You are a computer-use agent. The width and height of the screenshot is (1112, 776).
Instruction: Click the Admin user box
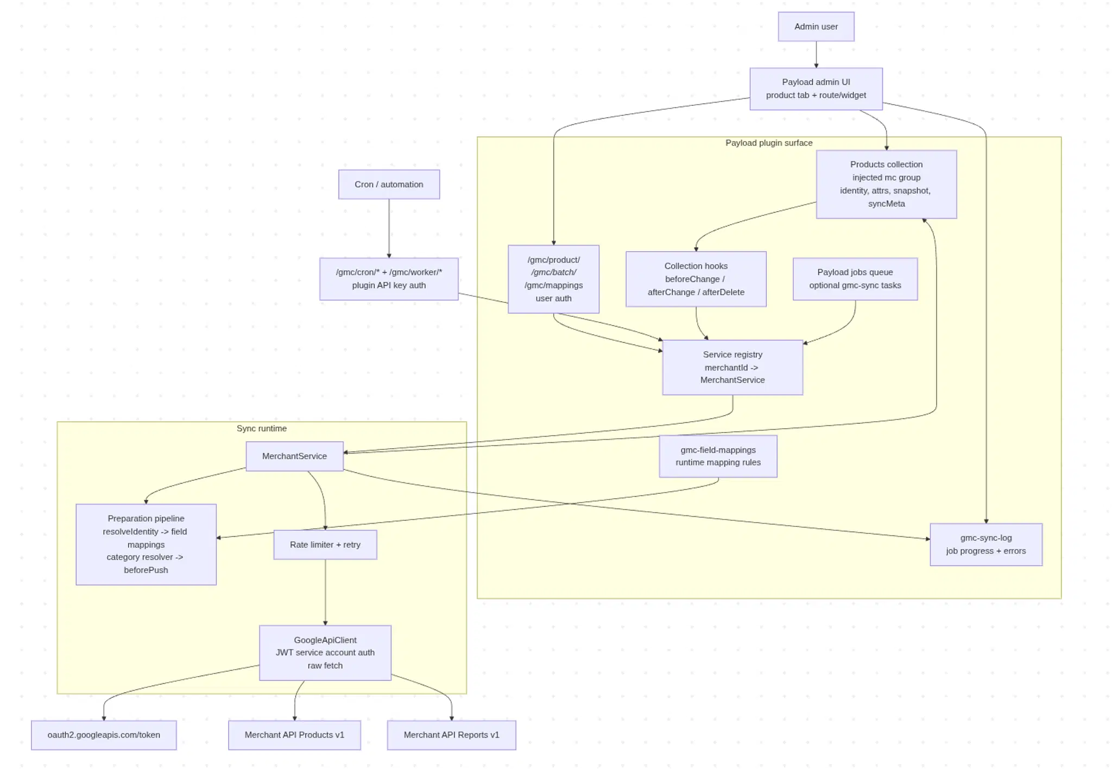point(816,27)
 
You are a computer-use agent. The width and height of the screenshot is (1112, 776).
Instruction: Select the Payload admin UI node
point(816,88)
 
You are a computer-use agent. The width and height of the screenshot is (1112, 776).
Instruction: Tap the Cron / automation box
point(389,185)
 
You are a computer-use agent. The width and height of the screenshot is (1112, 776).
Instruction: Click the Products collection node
point(886,184)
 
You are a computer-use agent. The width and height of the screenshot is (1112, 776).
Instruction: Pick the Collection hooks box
point(696,279)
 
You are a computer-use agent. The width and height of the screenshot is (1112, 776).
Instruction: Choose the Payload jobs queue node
point(855,279)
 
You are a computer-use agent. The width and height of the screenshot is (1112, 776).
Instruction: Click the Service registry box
point(732,367)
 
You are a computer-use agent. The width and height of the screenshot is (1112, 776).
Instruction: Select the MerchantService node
point(294,456)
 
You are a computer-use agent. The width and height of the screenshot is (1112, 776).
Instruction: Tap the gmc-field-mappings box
point(718,456)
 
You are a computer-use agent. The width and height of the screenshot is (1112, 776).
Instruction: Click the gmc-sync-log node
point(985,544)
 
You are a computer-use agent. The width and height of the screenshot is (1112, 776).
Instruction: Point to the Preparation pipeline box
point(146,544)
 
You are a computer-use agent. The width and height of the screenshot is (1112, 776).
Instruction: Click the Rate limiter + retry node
point(325,544)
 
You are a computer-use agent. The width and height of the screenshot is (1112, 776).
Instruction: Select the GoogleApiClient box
point(325,653)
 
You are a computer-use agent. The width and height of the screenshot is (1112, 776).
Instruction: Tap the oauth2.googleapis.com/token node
point(104,735)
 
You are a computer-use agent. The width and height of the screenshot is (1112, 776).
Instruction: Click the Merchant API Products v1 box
point(294,735)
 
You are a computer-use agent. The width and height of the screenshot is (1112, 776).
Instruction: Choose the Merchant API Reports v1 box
point(451,735)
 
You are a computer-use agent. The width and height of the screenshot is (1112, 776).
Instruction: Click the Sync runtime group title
point(261,429)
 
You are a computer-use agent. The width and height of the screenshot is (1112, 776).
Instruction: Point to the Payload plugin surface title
point(768,143)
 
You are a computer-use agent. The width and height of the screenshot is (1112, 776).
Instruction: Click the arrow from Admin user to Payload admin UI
point(816,54)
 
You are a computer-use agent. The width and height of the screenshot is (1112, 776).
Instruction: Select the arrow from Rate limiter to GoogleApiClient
point(325,591)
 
